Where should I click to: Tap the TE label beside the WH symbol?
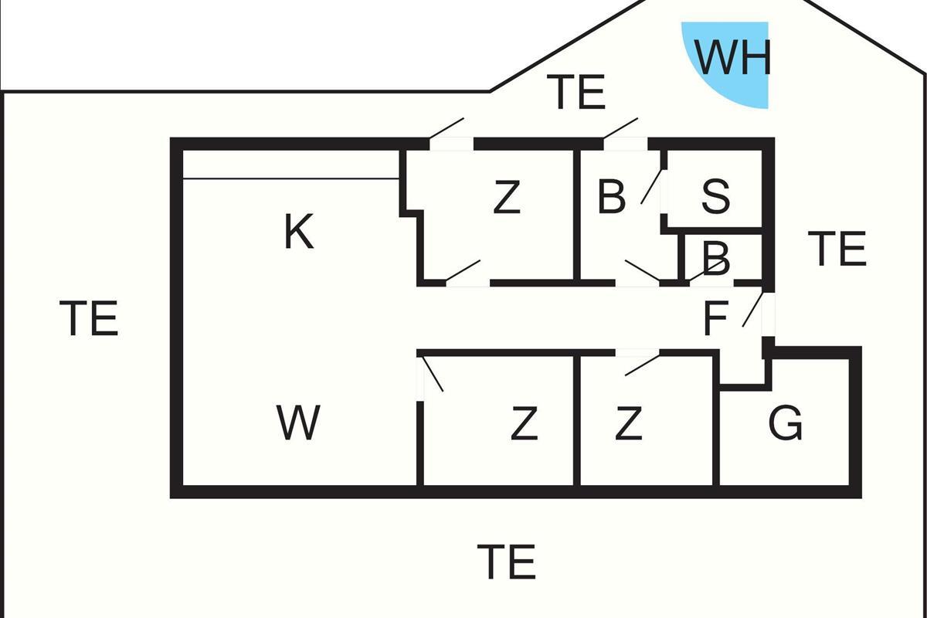[x=576, y=93]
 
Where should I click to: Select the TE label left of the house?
[x=89, y=319]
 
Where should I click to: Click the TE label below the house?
[x=507, y=562]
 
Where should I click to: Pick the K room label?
[x=299, y=232]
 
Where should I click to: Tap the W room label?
[x=298, y=423]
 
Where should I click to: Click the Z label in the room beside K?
[x=506, y=198]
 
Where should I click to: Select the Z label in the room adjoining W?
[x=524, y=423]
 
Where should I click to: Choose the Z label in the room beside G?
[x=628, y=423]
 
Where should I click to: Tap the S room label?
[x=715, y=197]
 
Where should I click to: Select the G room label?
[x=786, y=423]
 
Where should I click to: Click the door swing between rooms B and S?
[x=654, y=186]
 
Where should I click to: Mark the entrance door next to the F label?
[x=754, y=310]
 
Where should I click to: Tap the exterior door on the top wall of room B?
[x=622, y=129]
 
